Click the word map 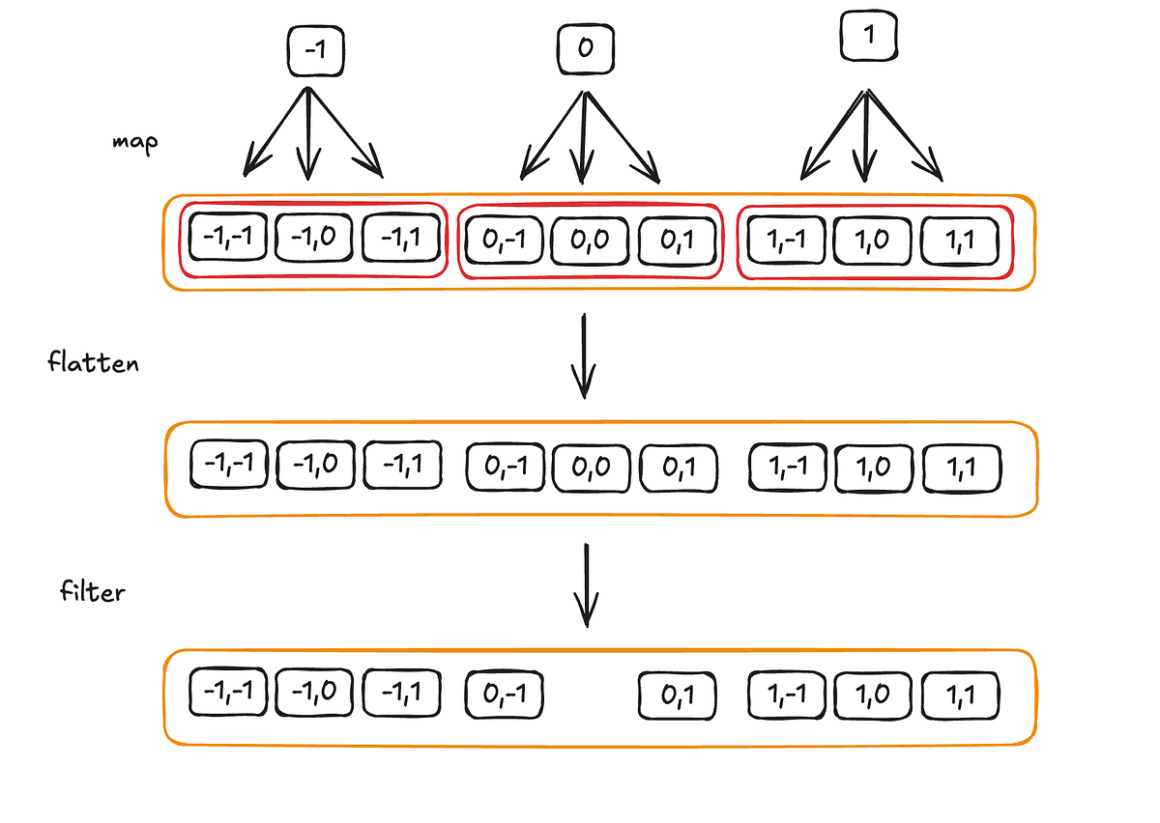134,141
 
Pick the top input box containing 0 584,48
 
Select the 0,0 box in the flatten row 591,468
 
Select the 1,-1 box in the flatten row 787,467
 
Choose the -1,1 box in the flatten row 402,466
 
